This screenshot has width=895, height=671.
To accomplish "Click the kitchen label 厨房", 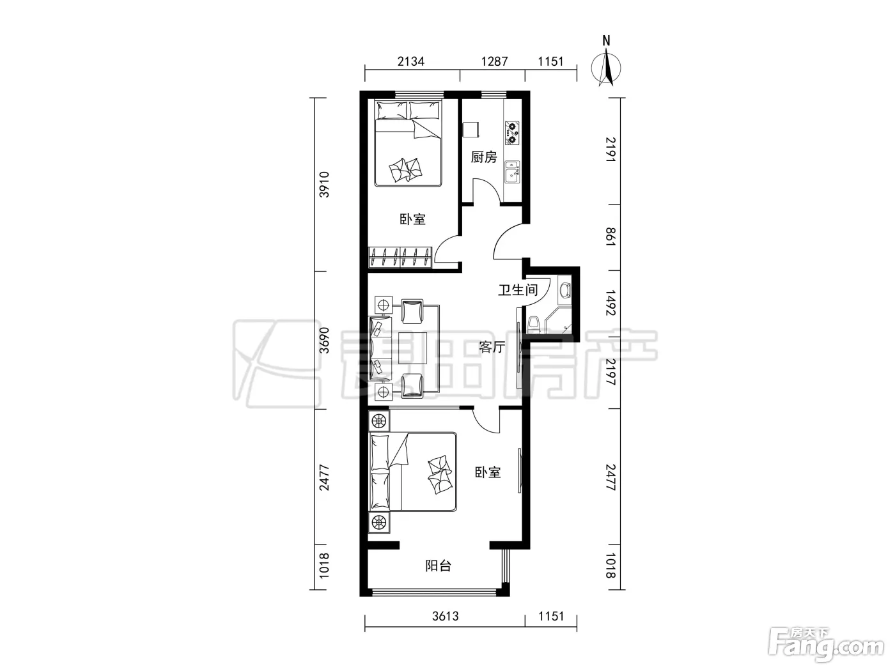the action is (x=483, y=157).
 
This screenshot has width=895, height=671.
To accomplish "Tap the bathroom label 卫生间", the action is (x=518, y=290).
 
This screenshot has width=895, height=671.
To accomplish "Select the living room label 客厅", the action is (x=492, y=347).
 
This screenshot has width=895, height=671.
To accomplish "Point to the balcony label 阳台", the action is (x=439, y=566).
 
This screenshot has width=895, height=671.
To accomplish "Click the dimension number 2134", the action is (x=411, y=61).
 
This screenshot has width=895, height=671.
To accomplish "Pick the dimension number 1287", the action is (x=495, y=61).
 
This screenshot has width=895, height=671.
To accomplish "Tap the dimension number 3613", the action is (x=445, y=617).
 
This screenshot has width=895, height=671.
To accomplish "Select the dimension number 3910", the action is (x=323, y=185).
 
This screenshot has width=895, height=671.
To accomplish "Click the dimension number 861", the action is (x=611, y=236).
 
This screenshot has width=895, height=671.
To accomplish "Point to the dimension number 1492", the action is (x=611, y=303).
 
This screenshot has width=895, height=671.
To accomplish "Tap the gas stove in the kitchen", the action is (x=512, y=132).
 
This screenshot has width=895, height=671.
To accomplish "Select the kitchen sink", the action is (x=512, y=172).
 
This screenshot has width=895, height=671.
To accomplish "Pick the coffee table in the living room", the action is (x=412, y=348).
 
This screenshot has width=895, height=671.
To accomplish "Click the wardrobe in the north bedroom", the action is (x=400, y=257).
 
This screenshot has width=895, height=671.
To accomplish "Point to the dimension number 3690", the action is (x=323, y=340).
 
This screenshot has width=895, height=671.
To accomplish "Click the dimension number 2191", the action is (x=611, y=150).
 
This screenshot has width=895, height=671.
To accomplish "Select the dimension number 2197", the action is (x=611, y=372).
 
